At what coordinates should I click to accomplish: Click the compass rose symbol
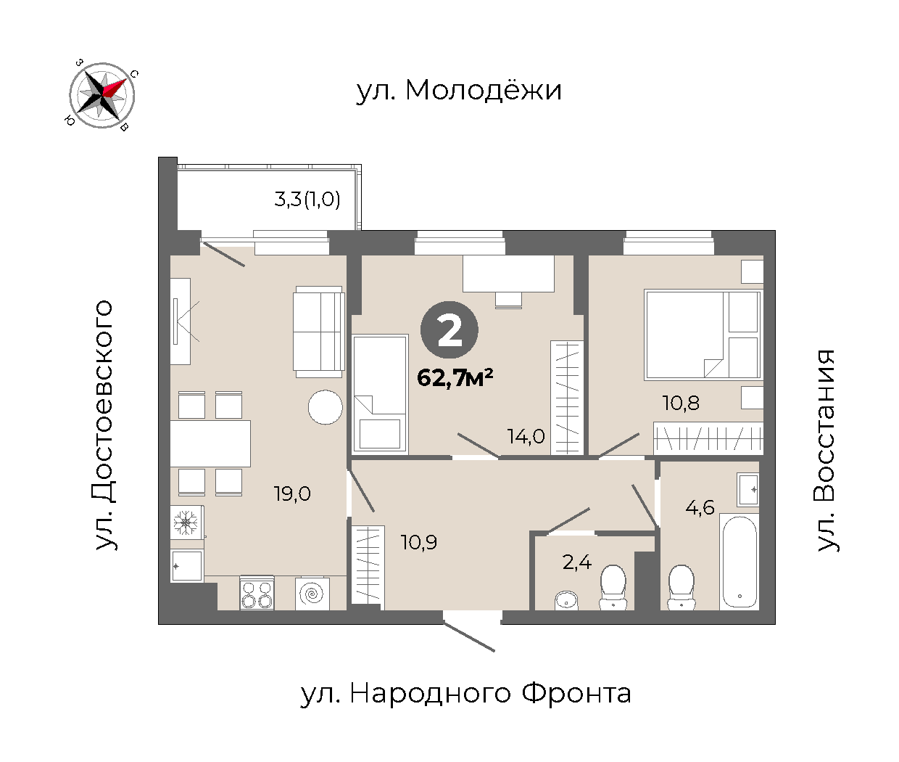102,95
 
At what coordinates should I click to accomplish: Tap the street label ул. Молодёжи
459,91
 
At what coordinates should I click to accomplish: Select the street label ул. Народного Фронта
465,694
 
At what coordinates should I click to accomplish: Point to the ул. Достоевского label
104,425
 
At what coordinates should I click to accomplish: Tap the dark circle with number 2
449,330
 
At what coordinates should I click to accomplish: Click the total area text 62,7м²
455,377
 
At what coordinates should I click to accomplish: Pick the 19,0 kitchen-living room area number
292,493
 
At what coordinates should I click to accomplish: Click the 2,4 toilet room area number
577,562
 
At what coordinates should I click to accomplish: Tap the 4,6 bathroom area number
700,508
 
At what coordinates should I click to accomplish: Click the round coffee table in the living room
326,407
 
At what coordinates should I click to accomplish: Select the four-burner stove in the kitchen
257,593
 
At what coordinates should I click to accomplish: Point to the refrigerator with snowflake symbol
186,522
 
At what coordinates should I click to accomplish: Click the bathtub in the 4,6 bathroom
739,562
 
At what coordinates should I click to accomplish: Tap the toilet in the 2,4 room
613,587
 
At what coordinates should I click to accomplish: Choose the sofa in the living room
319,332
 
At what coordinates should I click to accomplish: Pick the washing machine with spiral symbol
312,594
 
